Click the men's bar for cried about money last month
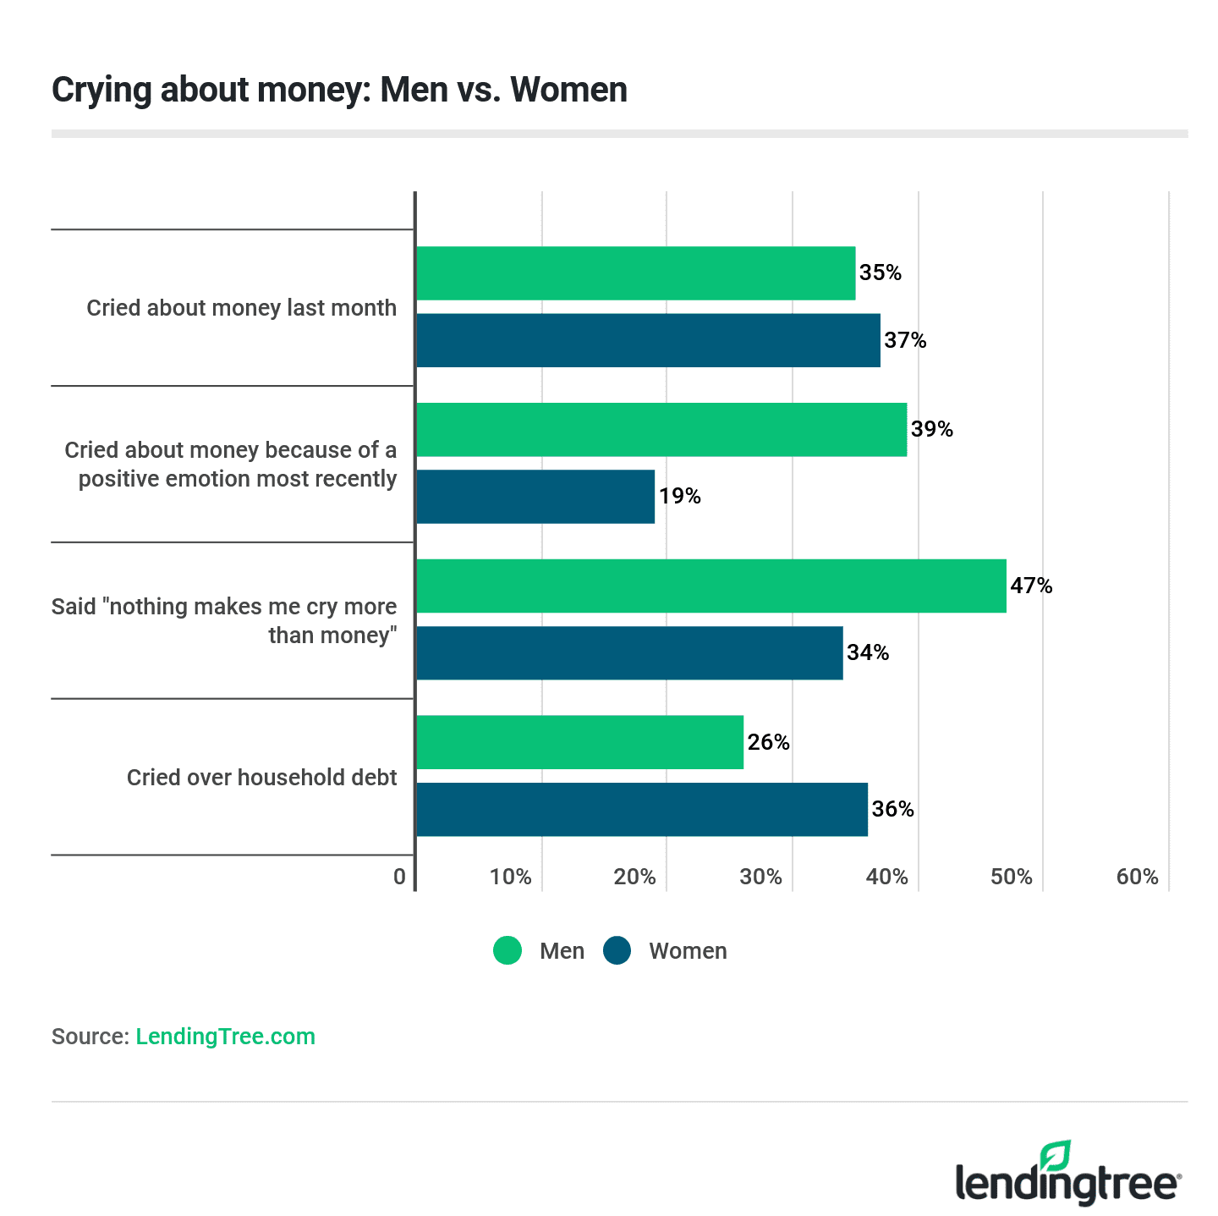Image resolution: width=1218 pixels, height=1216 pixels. pyautogui.click(x=635, y=273)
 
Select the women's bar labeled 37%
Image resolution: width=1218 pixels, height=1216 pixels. pyautogui.click(x=648, y=340)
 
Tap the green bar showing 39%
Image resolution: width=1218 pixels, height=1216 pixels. pyautogui.click(x=661, y=430)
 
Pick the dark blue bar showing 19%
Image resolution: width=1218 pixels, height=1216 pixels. pyautogui.click(x=535, y=497)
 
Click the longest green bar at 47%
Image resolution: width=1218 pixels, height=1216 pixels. pyautogui.click(x=710, y=586)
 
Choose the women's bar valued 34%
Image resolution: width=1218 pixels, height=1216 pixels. pyautogui.click(x=629, y=652)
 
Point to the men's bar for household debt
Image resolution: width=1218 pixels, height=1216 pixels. pyautogui.click(x=579, y=742)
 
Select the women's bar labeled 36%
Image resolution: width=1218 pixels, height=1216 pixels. pyautogui.click(x=642, y=809)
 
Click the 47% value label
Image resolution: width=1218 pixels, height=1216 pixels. pyautogui.click(x=1032, y=586)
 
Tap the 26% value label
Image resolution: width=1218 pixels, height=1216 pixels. pyautogui.click(x=769, y=742)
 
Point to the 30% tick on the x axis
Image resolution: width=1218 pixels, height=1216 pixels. pyautogui.click(x=760, y=877)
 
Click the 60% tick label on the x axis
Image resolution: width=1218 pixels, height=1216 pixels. pyautogui.click(x=1137, y=877)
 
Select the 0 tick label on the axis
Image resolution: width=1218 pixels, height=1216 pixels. pyautogui.click(x=399, y=877)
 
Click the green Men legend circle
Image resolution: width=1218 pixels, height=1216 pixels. pyautogui.click(x=507, y=950)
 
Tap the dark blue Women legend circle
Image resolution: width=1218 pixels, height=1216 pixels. pyautogui.click(x=617, y=950)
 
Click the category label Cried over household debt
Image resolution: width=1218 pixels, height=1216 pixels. pyautogui.click(x=261, y=778)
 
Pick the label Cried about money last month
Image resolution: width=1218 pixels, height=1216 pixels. pyautogui.click(x=241, y=308)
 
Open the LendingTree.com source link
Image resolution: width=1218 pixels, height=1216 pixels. pyautogui.click(x=225, y=1037)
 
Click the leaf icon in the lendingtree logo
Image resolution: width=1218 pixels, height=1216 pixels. pyautogui.click(x=1055, y=1156)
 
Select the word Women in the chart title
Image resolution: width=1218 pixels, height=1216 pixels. pyautogui.click(x=568, y=90)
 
